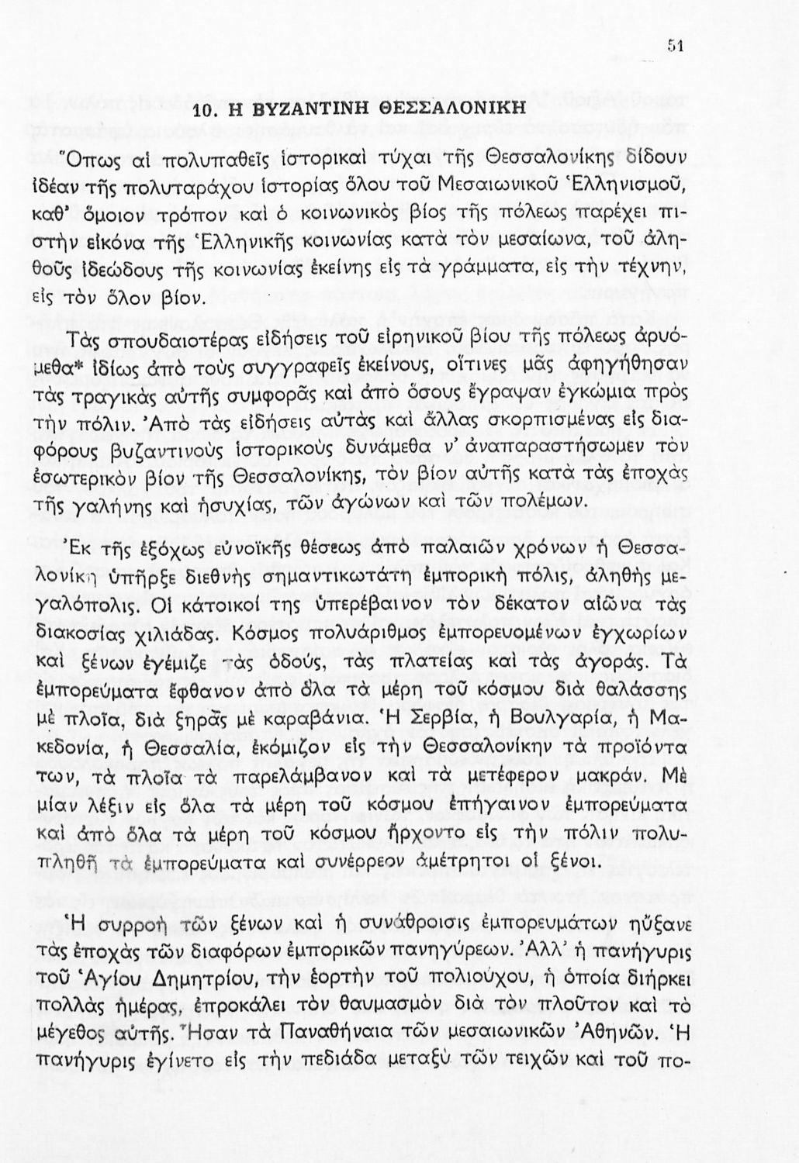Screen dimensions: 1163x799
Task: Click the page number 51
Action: point(674,46)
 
